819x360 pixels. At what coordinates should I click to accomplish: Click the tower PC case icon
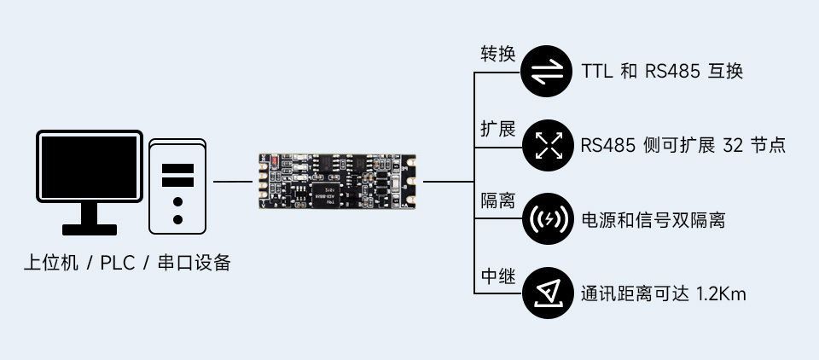177,185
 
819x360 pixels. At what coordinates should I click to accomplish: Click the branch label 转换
498,54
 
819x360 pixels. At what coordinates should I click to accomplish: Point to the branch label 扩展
498,129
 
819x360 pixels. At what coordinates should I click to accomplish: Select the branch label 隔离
498,202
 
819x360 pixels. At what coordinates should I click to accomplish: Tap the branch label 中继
498,276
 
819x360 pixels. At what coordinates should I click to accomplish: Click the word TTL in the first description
597,72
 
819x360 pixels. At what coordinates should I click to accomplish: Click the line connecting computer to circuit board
231,182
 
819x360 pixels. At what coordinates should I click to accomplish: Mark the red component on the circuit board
273,160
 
